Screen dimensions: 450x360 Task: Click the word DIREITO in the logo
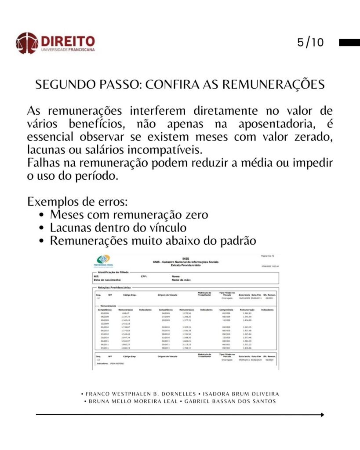[x=68, y=41]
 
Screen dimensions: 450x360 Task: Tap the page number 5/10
[x=310, y=43]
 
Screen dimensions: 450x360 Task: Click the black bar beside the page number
[x=349, y=43]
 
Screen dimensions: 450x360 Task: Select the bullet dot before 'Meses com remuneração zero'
[x=41, y=215]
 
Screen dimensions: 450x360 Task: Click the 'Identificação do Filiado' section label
[x=113, y=272]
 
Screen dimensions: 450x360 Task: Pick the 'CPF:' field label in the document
[x=143, y=276]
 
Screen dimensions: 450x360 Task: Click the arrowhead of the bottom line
[x=322, y=414]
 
